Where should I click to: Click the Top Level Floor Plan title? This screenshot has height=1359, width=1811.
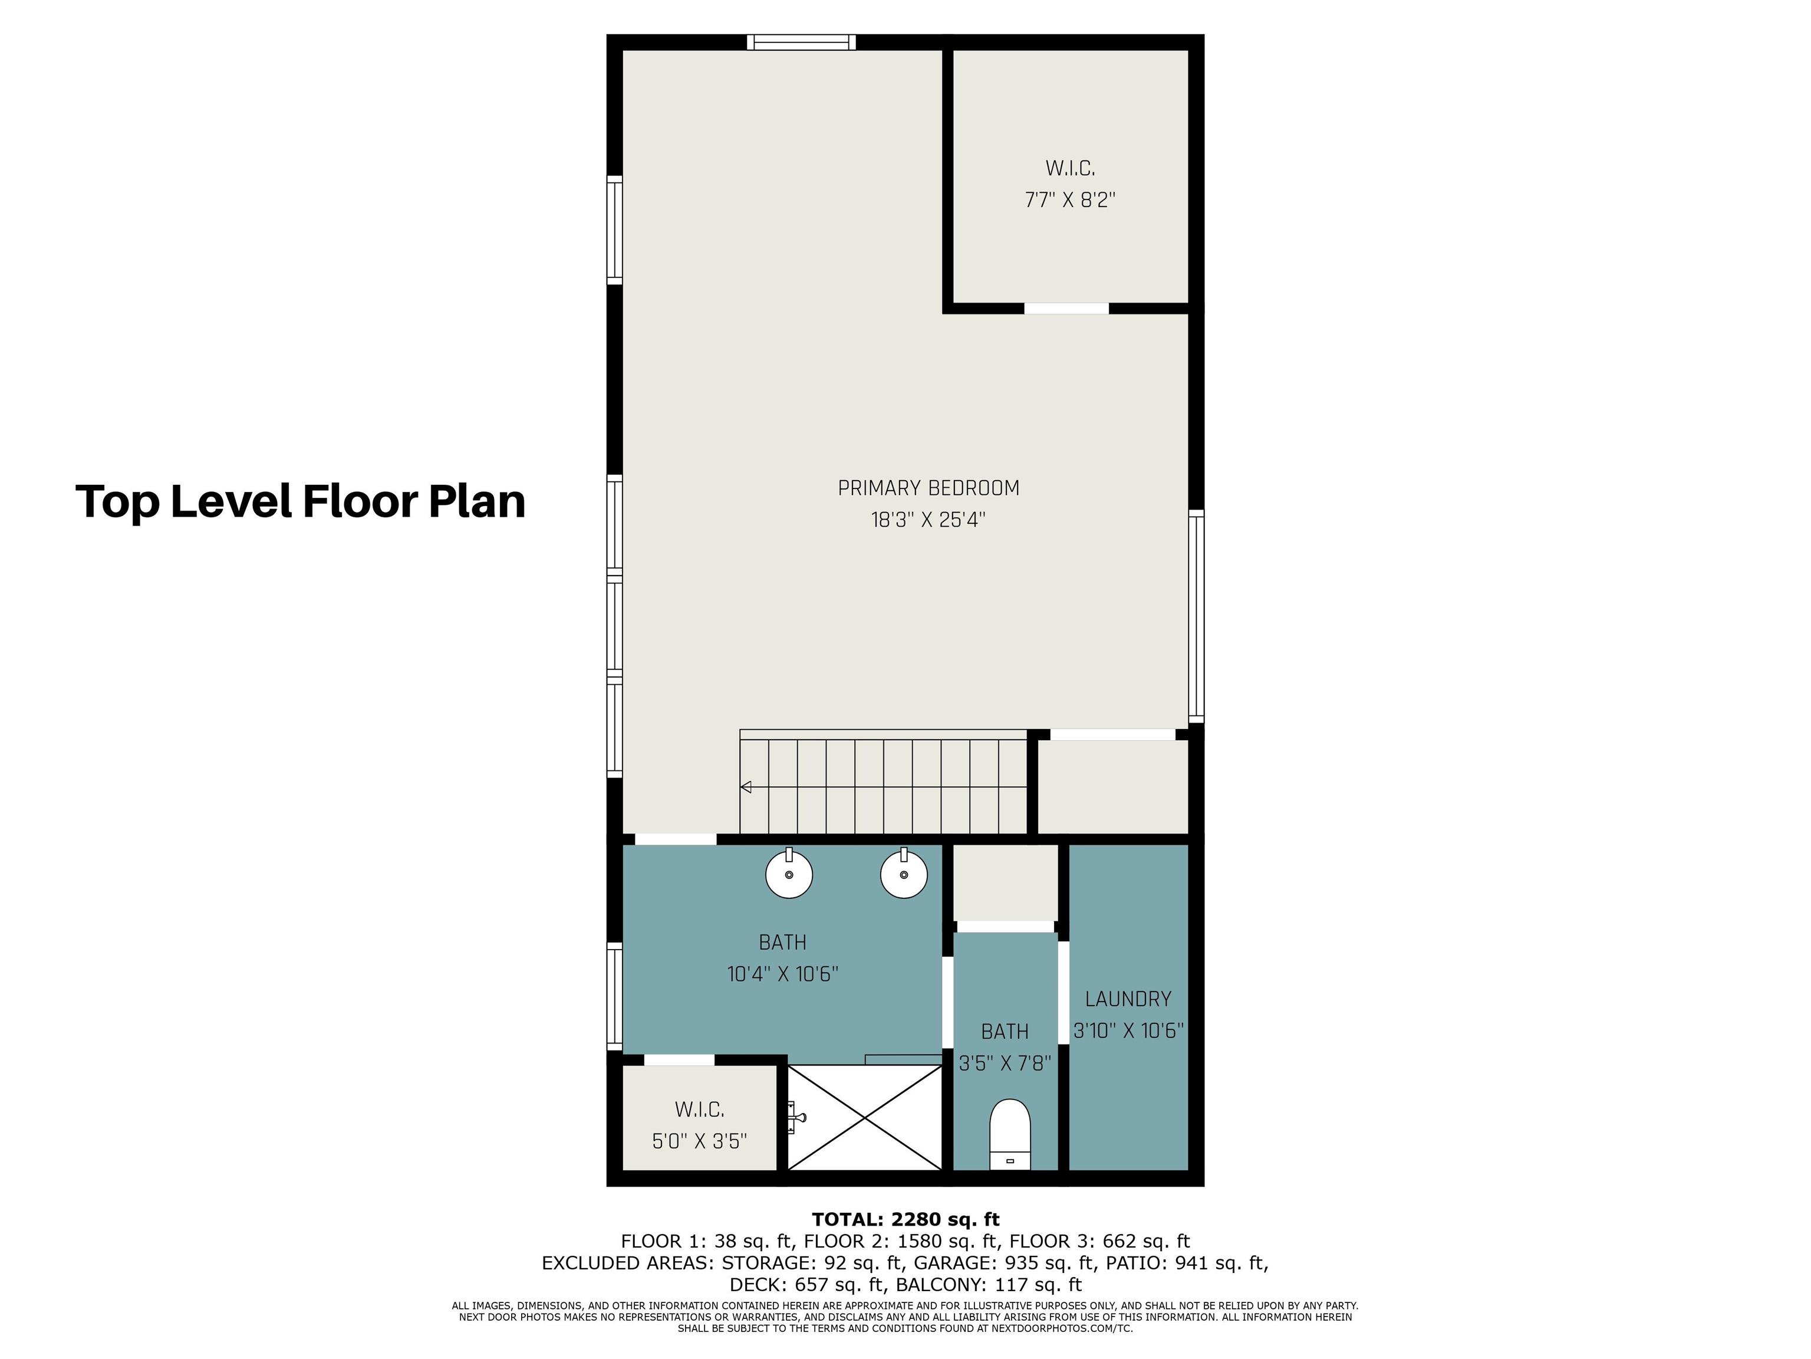coord(301,501)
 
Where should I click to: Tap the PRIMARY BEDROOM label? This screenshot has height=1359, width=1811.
coord(928,488)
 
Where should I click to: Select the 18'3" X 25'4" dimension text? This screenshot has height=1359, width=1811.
coord(928,520)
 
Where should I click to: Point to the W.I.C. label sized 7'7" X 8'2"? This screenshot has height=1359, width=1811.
coord(1070,169)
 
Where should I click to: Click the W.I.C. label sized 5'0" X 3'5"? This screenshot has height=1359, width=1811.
coord(699,1110)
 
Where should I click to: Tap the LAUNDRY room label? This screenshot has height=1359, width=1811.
coord(1128,999)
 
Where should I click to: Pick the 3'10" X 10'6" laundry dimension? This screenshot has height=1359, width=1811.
coord(1128,1030)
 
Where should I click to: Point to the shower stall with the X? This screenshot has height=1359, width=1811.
coord(865,1117)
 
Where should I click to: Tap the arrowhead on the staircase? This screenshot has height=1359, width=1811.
coord(745,787)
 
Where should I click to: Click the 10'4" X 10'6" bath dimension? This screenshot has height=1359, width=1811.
coord(783,974)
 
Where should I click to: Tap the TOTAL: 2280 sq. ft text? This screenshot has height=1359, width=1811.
coord(905,1220)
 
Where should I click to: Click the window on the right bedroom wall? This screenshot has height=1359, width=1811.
coord(1196,616)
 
